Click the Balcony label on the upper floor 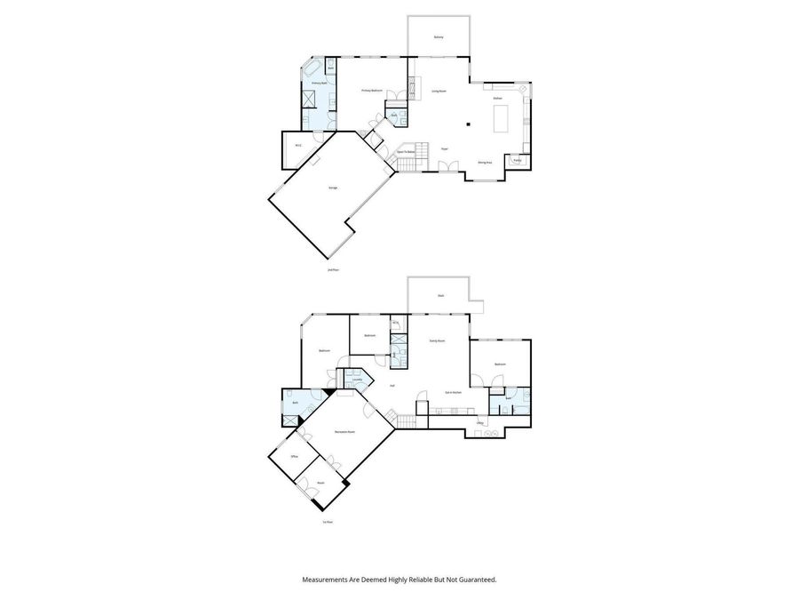tap(439, 37)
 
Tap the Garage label tap(333, 188)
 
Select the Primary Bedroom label tap(371, 91)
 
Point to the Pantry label tap(516, 161)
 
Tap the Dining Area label tap(485, 163)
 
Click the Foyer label tap(444, 149)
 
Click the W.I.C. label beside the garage tap(298, 146)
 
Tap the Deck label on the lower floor tap(440, 295)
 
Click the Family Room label tap(437, 340)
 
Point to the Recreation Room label tap(345, 432)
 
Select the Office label tap(294, 456)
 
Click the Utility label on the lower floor tap(479, 423)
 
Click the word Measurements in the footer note tap(327, 579)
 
